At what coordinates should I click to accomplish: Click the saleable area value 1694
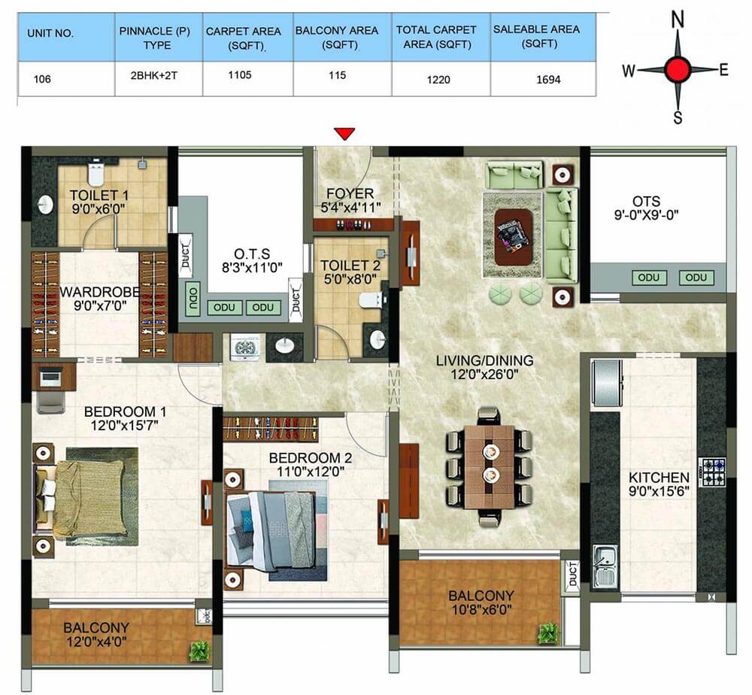548,80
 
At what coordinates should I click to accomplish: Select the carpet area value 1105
240,74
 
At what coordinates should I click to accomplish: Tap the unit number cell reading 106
42,79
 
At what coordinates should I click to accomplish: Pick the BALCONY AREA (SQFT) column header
337,38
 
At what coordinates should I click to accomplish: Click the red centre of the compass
678,69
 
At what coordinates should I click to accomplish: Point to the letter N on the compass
678,20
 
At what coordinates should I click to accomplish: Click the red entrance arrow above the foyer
345,134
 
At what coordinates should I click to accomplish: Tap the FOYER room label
350,194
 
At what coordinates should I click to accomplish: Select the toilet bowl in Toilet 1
96,173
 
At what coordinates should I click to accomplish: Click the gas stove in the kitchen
711,472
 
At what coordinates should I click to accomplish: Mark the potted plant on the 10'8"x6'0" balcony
547,633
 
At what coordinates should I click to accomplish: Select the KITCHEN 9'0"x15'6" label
659,484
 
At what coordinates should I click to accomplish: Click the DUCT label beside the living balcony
573,574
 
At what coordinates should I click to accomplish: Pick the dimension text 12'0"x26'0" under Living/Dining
484,374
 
